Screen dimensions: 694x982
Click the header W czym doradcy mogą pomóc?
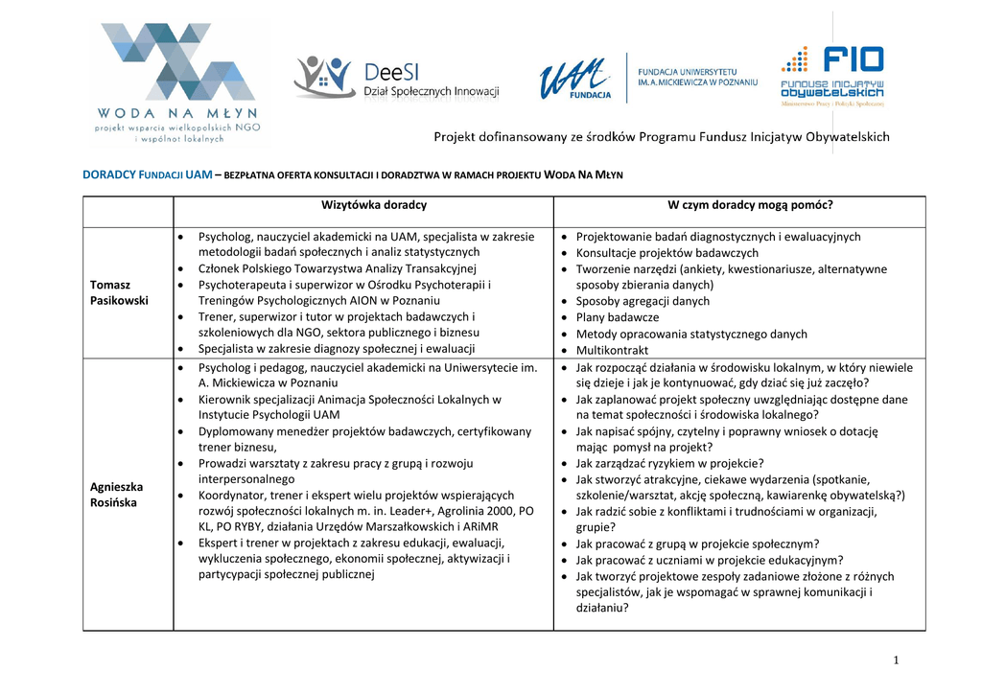pos(737,205)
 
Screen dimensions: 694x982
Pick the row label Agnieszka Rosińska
pos(114,495)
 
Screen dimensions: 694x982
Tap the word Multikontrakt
pos(612,351)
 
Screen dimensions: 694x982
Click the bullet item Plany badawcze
pos(617,317)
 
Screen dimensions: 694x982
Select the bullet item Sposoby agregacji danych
pos(643,301)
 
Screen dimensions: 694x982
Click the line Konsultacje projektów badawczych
pos(666,253)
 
